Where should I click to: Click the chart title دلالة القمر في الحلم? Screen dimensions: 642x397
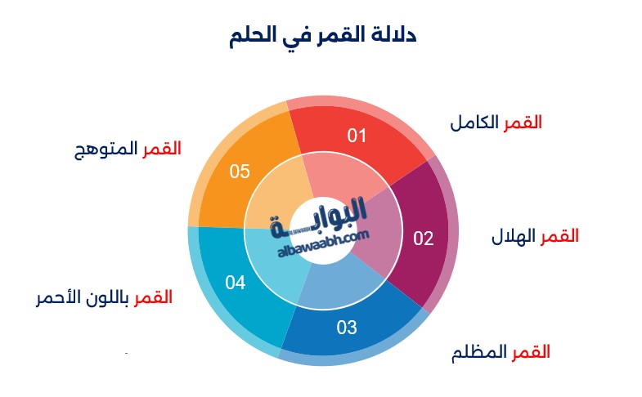323,35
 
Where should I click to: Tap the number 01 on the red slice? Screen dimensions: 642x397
357,136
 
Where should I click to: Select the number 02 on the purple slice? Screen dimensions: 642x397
424,239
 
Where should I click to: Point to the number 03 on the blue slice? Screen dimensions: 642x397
347,327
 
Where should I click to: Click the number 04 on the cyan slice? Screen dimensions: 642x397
236,283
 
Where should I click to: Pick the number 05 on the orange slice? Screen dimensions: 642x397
240,172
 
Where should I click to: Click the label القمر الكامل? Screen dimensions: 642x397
496,123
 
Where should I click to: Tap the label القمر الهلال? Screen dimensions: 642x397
535,236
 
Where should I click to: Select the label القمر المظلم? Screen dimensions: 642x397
501,352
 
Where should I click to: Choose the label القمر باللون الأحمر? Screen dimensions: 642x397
105,297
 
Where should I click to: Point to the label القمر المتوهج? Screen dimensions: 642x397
128,149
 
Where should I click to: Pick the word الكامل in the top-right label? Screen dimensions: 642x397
474,123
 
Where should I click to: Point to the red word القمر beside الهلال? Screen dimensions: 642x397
559,236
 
